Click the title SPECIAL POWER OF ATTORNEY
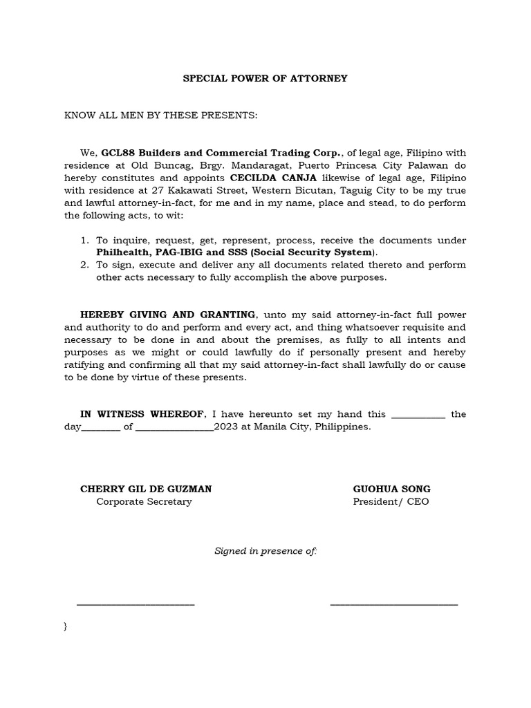[265, 78]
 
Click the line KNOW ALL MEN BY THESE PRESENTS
[160, 115]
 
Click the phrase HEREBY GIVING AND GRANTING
[168, 315]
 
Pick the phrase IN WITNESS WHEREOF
[142, 414]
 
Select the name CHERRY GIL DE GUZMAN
[146, 489]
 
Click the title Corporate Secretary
[144, 501]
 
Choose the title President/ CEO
[391, 501]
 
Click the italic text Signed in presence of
[265, 551]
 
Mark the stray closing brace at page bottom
[65, 626]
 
